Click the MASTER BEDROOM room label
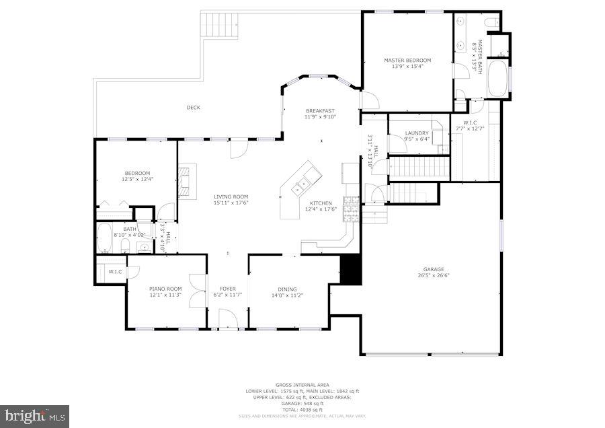point(407,60)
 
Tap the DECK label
point(194,108)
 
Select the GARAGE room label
point(433,269)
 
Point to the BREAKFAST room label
point(320,111)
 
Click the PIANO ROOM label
point(165,289)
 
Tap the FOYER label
point(227,289)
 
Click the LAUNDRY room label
point(417,133)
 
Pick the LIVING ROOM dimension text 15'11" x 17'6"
point(231,203)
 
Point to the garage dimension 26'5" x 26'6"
point(433,275)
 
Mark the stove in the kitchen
point(351,209)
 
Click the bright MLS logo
point(34,415)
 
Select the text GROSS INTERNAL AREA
point(302,385)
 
